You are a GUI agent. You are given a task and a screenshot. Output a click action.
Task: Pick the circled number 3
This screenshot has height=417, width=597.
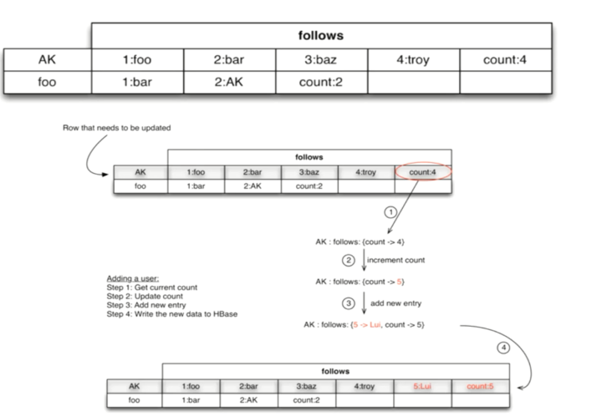point(350,302)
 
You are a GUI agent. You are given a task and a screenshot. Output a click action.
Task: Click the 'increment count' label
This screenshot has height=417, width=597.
point(397,260)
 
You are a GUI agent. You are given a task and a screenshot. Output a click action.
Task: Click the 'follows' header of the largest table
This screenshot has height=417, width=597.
point(321,36)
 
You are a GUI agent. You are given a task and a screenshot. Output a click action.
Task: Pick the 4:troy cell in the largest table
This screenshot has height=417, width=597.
point(413,60)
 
